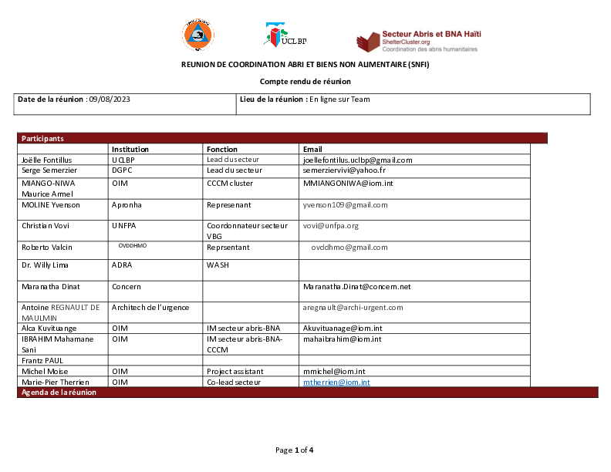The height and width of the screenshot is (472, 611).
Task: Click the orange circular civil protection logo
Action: (198, 35)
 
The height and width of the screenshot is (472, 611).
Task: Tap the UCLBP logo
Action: (284, 35)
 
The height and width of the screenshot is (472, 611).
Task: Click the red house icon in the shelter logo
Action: (368, 42)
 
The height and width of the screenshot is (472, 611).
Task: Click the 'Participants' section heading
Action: (42, 139)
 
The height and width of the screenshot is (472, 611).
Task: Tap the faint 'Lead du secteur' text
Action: (233, 160)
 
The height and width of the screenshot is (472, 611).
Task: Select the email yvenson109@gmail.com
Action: (345, 205)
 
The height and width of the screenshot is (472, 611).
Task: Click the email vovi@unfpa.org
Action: (330, 226)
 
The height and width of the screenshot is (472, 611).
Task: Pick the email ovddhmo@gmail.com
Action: (349, 248)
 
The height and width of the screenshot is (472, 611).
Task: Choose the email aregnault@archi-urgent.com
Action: (353, 308)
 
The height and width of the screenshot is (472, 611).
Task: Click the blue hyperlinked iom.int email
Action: (336, 382)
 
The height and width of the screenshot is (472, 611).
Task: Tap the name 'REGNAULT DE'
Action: (76, 308)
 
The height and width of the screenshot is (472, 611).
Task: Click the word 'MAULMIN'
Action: (39, 318)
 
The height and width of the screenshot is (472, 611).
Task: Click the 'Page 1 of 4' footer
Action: (294, 450)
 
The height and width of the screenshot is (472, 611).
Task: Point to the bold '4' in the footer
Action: (311, 450)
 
